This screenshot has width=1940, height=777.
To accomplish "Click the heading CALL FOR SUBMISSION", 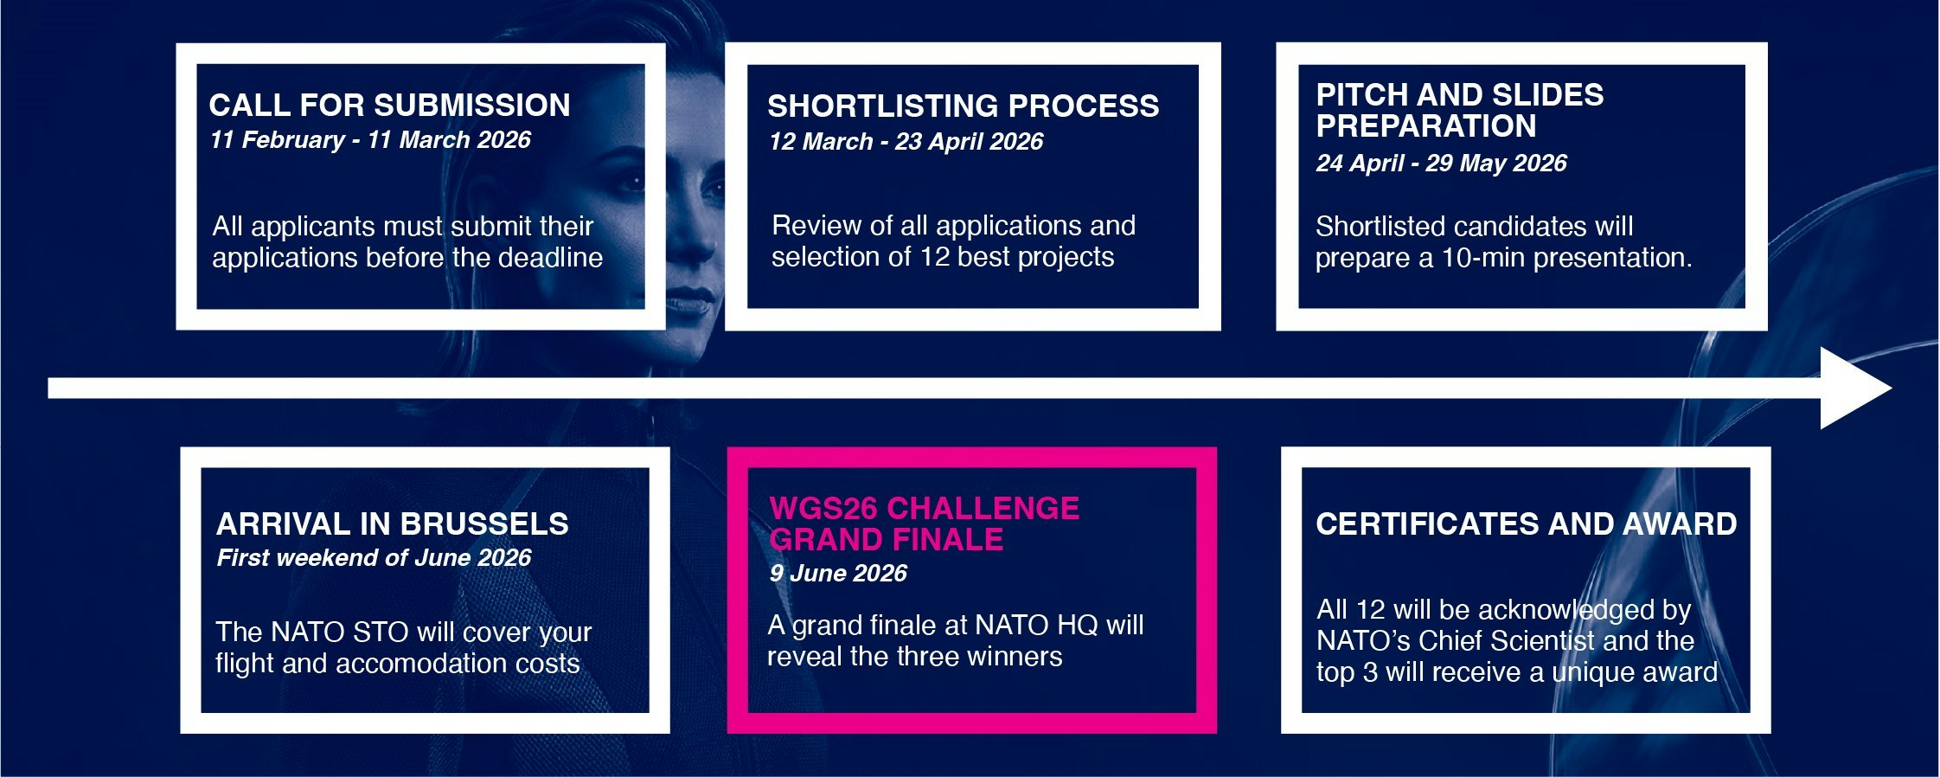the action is (389, 106).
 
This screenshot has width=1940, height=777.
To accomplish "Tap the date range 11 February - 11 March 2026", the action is (370, 140).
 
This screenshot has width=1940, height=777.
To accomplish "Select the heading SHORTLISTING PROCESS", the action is (963, 106).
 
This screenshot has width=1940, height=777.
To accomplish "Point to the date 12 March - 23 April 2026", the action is (906, 142).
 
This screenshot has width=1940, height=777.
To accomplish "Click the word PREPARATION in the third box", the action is (1425, 126).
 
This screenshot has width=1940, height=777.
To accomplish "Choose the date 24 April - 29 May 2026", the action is (1441, 164).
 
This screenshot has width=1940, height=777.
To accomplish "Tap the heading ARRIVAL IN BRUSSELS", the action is (392, 524).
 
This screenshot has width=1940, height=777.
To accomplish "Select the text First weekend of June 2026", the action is (374, 558).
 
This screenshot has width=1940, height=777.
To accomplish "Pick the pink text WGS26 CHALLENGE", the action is (924, 508).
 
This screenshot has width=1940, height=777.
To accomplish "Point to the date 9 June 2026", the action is (838, 574).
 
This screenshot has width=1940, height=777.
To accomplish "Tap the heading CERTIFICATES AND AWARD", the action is (1526, 524).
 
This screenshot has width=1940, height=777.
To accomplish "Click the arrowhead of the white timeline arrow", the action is (1855, 388).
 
